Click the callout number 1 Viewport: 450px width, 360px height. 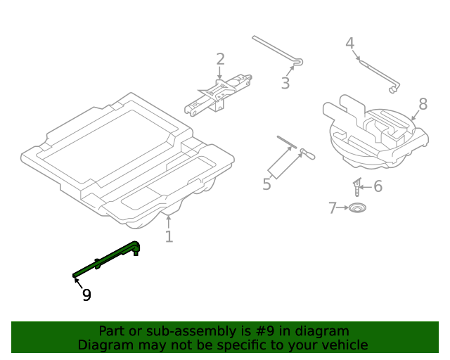[x=169, y=236]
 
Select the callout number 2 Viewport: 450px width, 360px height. [x=220, y=60]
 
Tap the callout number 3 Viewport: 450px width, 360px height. [x=285, y=84]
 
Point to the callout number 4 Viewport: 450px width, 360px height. [x=349, y=44]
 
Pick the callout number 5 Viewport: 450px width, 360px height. [x=266, y=185]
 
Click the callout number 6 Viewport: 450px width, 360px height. [x=378, y=186]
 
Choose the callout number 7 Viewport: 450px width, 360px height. [x=333, y=208]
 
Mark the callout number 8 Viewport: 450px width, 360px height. [x=423, y=104]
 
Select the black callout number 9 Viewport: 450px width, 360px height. [x=86, y=295]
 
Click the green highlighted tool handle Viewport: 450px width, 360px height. [x=105, y=261]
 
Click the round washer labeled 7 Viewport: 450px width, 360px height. [x=359, y=208]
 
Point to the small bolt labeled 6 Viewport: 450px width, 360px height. [x=358, y=188]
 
